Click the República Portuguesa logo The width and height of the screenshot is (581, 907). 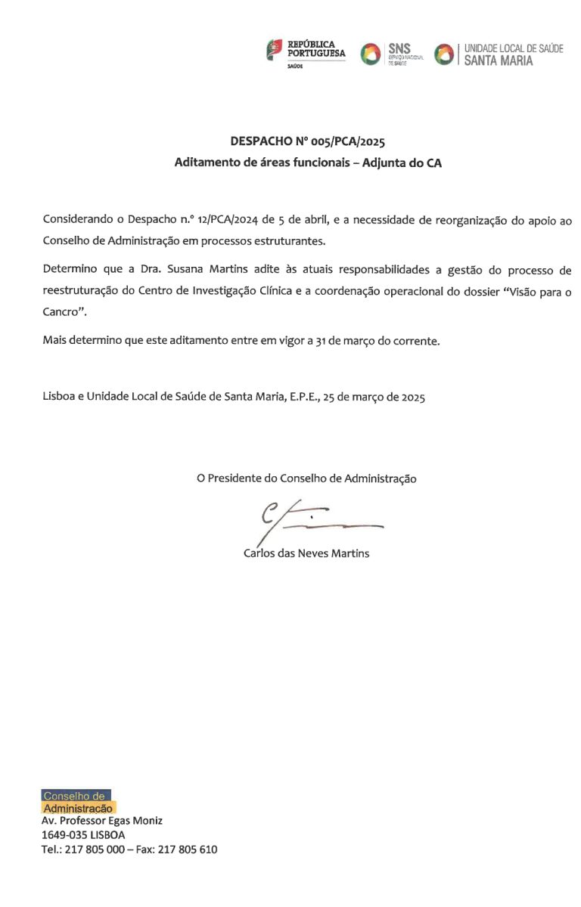(306, 53)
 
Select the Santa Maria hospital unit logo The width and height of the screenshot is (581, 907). (499, 54)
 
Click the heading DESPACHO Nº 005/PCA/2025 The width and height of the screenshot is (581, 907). (307, 141)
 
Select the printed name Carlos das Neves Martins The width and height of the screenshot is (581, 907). (306, 553)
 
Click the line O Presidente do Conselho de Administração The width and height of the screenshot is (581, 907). (306, 478)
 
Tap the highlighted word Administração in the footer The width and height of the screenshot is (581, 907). (79, 809)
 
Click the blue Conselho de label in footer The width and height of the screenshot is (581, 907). (75, 796)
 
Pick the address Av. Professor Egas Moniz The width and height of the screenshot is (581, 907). (101, 821)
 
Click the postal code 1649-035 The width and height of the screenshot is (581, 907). (64, 835)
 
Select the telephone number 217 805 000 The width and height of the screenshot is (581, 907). (94, 850)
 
